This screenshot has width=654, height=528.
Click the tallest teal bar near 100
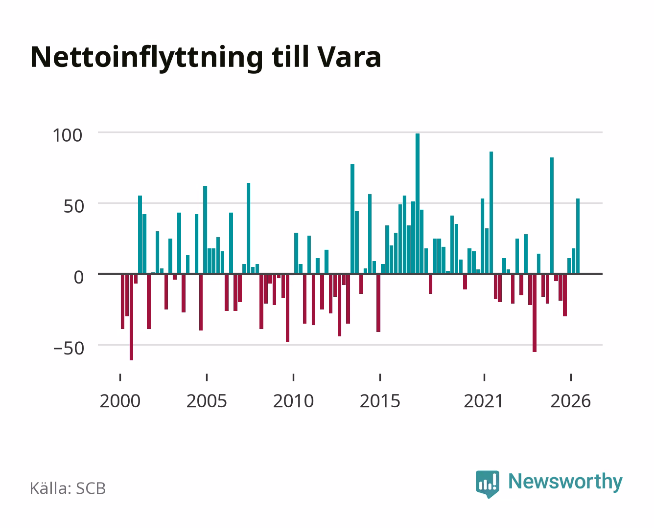tap(417, 203)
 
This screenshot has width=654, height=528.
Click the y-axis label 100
tap(68, 135)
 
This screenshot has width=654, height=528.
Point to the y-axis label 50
tap(74, 206)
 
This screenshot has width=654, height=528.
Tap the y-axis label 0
tap(79, 277)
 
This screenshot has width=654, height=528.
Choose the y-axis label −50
tap(69, 348)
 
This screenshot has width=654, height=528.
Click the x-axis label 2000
tap(120, 401)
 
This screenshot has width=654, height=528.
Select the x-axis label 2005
tap(207, 401)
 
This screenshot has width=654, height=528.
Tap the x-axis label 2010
tap(294, 401)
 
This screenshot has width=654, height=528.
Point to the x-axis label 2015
tap(380, 401)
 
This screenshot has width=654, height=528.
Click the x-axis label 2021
tap(484, 401)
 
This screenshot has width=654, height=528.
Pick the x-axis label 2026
tap(571, 401)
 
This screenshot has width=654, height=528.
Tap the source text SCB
tap(91, 488)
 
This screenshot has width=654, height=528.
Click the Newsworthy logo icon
tap(487, 484)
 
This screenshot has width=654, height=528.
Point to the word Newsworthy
tap(565, 482)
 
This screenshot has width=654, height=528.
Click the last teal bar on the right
tap(578, 236)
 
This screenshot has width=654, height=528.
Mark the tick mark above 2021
tap(484, 377)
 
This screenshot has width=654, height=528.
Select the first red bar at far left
tap(123, 302)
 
